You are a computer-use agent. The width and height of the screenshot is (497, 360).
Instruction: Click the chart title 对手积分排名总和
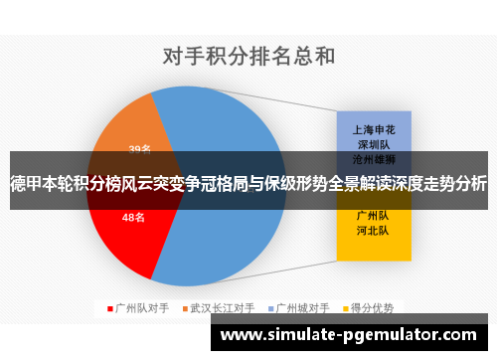tap(248, 56)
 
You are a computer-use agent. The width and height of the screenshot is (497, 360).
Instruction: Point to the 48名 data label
tap(133, 216)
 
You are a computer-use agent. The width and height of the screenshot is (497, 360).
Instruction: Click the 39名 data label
tap(140, 150)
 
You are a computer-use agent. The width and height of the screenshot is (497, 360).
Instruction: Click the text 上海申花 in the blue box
tap(373, 129)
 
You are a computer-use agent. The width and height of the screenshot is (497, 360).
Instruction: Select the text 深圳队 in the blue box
tap(373, 143)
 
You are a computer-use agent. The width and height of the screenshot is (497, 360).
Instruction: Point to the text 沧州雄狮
tap(373, 158)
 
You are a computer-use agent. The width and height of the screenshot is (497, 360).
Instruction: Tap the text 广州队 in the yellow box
tap(373, 215)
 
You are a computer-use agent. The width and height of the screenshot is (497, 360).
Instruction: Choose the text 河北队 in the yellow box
tap(373, 230)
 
